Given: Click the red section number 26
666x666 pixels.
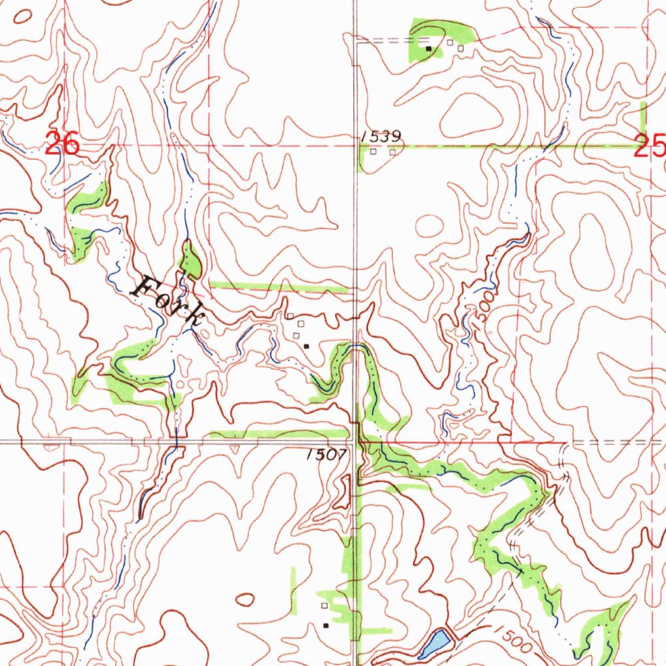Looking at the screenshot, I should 63,144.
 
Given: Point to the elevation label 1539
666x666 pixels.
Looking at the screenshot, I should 380,137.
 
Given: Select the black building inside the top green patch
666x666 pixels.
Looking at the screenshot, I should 428,48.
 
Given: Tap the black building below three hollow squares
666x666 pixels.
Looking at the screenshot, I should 306,346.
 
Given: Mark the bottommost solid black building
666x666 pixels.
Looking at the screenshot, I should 326,625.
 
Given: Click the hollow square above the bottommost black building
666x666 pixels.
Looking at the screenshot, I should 324,606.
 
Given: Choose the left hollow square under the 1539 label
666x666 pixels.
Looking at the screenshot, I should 373,152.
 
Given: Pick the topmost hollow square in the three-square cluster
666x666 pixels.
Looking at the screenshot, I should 290,316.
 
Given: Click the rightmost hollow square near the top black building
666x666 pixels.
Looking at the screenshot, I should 460,47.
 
